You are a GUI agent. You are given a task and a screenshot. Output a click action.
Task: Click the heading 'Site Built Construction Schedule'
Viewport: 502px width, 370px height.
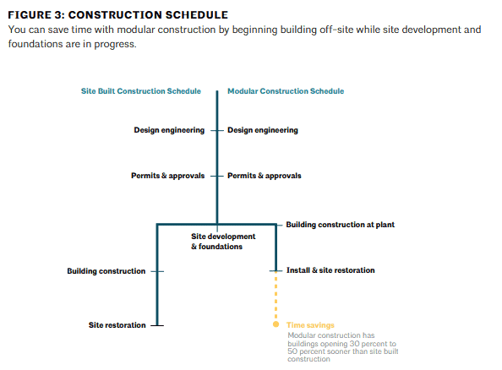point(141,91)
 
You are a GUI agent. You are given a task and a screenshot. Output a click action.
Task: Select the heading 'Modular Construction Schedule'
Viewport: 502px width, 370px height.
point(286,91)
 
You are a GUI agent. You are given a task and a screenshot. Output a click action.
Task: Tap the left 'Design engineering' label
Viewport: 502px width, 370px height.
point(169,130)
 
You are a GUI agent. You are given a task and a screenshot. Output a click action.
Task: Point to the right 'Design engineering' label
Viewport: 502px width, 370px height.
point(263,130)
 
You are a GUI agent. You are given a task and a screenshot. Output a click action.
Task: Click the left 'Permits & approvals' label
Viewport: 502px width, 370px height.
point(168,176)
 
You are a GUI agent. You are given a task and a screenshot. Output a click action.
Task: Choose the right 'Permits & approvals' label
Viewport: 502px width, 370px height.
point(265,176)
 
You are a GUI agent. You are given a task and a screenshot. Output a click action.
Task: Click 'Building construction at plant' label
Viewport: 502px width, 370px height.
point(340,225)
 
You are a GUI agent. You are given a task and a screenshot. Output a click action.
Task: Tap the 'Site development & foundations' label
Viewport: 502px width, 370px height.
point(223,242)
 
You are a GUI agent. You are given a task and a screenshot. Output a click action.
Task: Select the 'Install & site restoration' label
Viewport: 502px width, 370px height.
point(330,270)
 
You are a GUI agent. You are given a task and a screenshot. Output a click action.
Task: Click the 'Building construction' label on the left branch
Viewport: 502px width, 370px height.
point(106,271)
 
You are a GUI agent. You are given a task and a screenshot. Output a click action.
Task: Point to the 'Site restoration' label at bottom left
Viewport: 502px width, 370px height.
point(117,325)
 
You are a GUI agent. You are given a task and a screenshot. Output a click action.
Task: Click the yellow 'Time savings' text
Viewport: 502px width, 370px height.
point(310,325)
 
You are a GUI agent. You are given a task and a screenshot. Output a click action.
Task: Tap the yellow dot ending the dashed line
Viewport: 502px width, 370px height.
point(276,324)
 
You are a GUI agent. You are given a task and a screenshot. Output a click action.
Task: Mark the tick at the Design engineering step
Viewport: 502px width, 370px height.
point(217,131)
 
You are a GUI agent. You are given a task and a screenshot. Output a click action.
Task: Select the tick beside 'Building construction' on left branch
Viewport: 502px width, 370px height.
point(157,271)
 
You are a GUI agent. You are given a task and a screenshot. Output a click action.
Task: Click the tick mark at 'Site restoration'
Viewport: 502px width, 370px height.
point(157,325)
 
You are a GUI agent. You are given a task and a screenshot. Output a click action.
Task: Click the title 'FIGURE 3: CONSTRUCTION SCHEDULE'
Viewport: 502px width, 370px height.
point(117,15)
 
